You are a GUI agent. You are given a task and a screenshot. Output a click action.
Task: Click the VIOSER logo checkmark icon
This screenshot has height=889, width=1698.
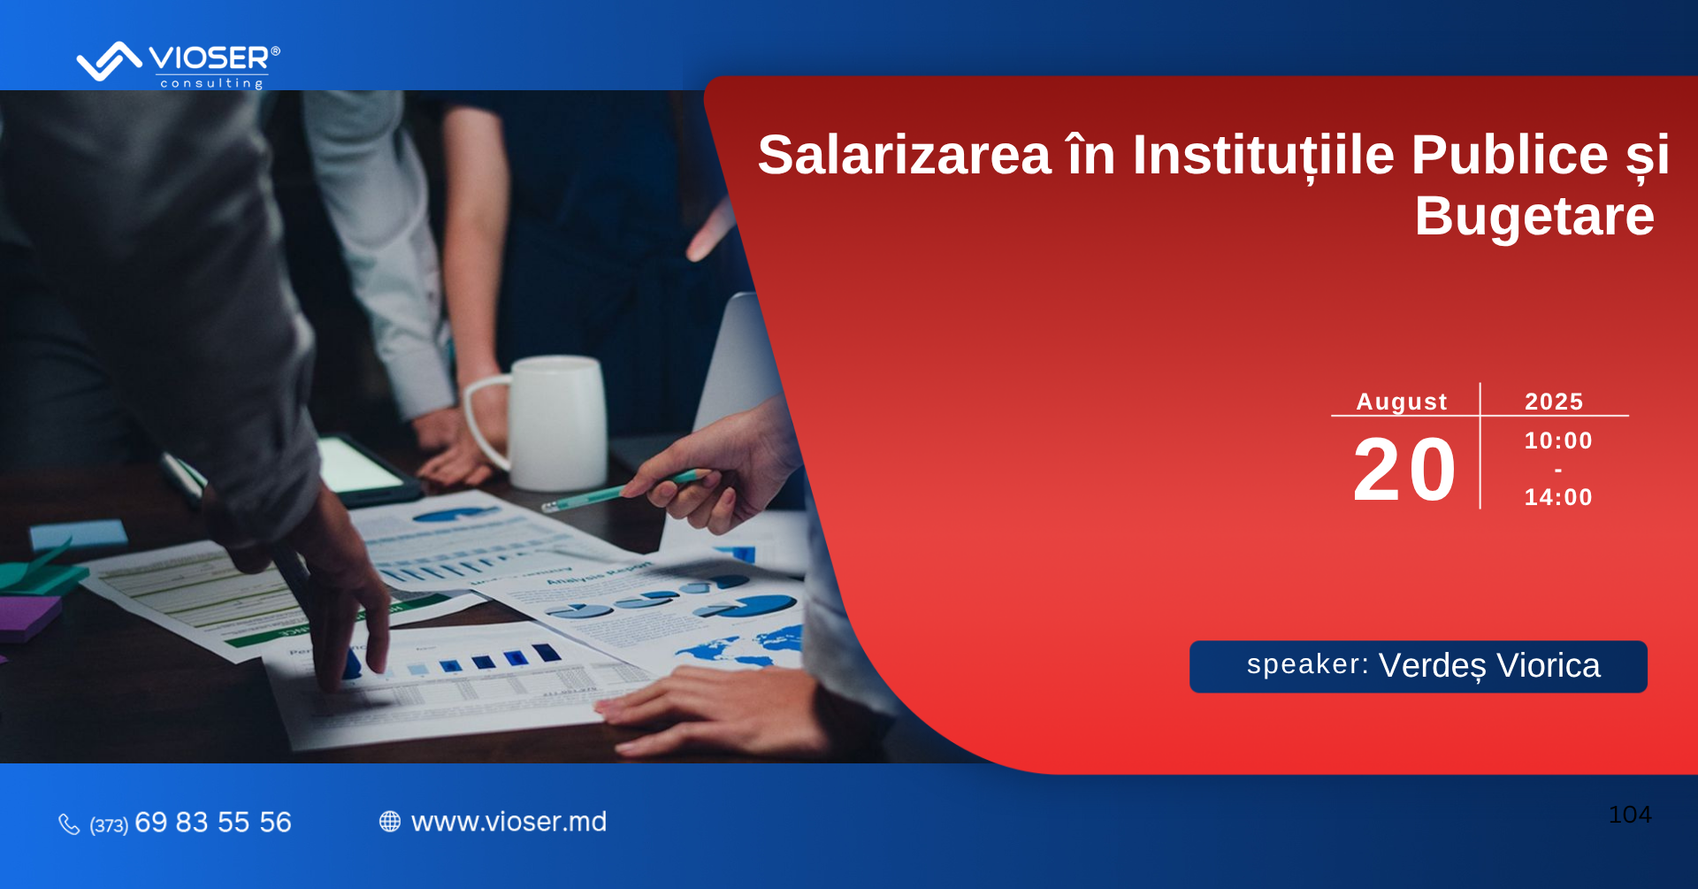109,61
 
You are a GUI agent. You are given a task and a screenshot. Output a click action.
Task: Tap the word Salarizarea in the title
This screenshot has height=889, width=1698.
904,155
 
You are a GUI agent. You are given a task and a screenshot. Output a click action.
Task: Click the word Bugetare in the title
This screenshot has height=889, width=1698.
1534,217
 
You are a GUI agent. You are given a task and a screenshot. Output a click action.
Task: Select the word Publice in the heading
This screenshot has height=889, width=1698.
1509,155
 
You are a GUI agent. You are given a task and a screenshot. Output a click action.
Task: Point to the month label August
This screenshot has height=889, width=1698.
1402,402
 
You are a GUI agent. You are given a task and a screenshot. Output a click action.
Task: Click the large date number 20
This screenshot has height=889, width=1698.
1404,470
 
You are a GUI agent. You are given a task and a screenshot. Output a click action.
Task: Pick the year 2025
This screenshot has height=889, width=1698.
1554,402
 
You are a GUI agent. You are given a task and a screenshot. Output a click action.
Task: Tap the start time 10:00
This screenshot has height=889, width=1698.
1558,441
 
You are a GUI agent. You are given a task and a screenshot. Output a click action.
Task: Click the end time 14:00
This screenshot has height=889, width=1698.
1558,497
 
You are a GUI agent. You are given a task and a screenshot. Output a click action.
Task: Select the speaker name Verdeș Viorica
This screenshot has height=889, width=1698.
1489,666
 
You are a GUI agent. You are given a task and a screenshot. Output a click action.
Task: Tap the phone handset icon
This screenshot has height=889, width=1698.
69,824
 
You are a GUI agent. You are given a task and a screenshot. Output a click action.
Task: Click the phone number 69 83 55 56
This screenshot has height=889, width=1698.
212,823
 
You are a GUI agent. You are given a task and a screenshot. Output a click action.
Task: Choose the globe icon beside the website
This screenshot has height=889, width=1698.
390,822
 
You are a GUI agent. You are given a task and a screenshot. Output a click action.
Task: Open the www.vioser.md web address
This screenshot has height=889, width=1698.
509,822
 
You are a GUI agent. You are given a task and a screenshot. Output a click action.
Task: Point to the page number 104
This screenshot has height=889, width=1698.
1630,815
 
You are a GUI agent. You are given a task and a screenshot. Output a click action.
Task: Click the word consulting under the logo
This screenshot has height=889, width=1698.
211,83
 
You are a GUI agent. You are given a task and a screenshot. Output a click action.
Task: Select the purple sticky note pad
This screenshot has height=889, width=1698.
27,617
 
